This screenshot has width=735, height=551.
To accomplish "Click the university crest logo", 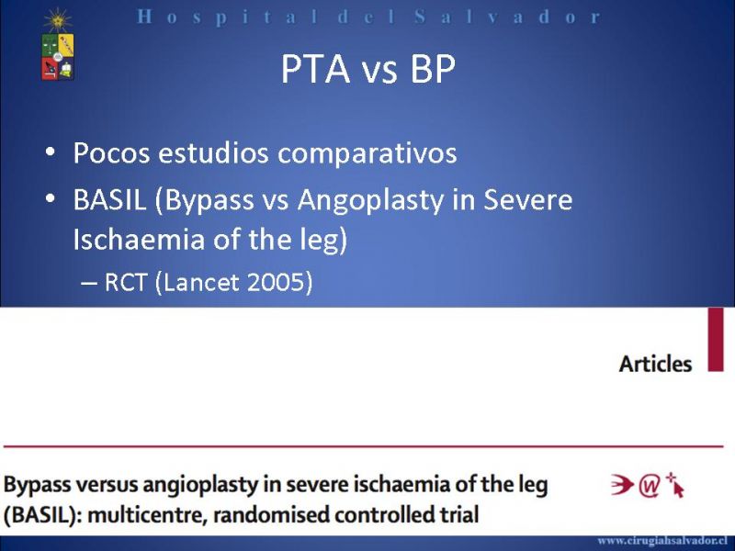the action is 58,45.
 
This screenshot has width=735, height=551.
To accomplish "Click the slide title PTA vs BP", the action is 368,70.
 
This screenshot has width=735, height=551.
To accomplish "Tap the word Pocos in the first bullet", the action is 111,152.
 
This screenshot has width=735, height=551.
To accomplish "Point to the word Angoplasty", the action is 370,201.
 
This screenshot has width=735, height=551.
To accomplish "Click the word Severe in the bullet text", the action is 527,199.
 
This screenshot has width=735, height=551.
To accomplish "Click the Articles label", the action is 655,364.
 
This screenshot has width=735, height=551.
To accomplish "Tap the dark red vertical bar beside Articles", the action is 716,340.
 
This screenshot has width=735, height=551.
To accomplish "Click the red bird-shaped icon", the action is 623,485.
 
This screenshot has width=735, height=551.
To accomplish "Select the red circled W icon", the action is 650,486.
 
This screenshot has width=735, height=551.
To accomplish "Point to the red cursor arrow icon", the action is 675,485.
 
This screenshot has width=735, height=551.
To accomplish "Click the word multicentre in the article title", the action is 147,515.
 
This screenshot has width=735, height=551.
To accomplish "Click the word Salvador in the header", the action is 507,17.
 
